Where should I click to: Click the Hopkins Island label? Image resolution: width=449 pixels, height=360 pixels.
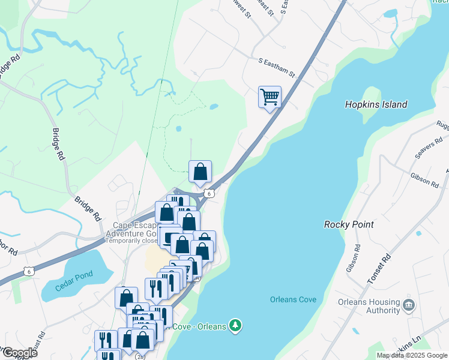[x=376, y=104]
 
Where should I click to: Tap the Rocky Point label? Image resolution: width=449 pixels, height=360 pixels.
[x=349, y=224]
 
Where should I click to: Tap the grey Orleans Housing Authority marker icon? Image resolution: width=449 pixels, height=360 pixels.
[x=409, y=304]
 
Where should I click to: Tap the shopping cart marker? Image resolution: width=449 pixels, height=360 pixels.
[x=270, y=97]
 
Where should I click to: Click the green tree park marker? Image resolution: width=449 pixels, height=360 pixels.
[x=236, y=325]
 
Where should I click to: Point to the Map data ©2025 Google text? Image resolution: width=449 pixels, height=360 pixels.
[x=412, y=355]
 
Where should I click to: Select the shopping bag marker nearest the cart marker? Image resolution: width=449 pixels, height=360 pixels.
[x=200, y=172]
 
